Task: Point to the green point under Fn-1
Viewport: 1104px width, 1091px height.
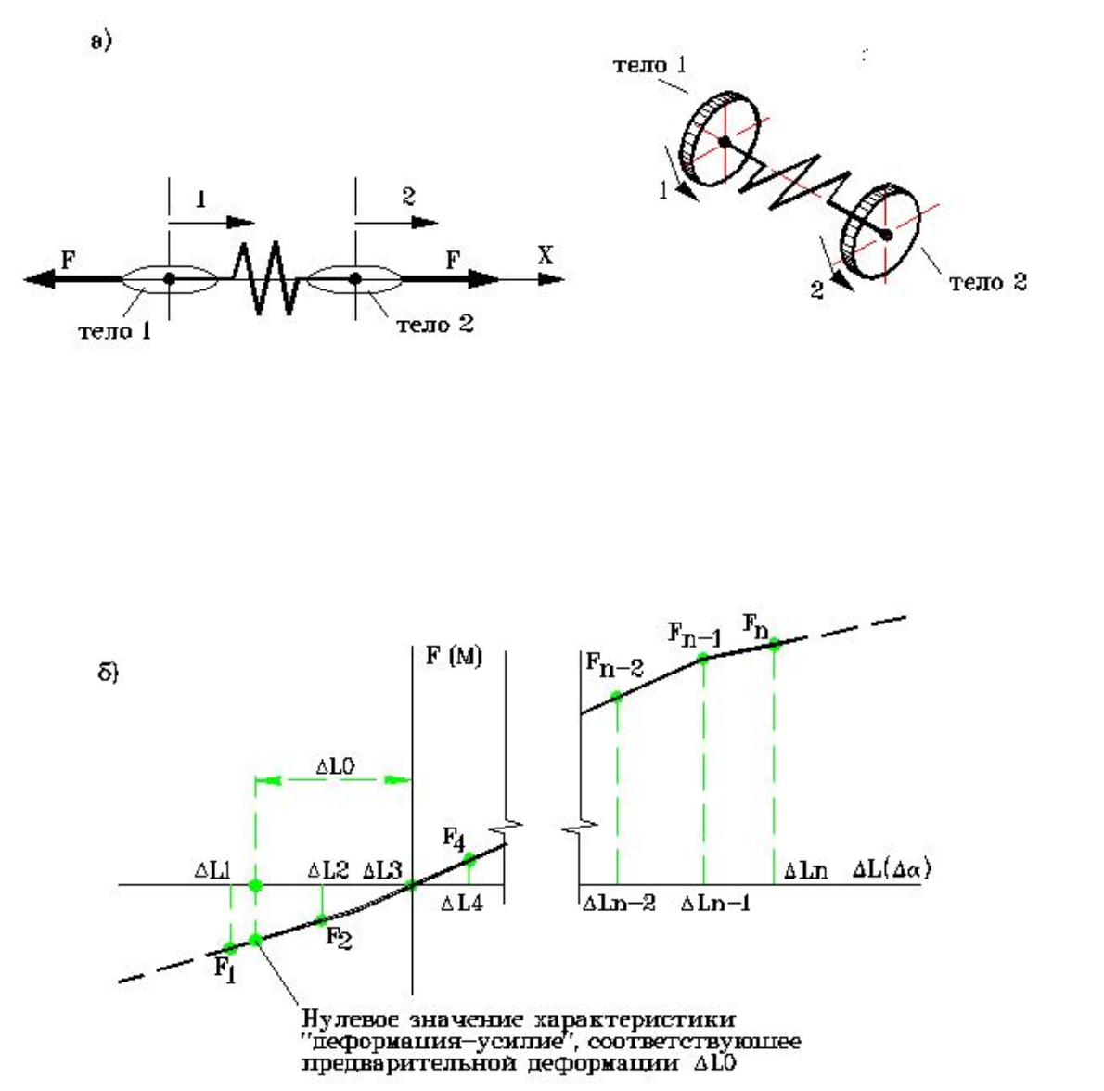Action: coord(703,658)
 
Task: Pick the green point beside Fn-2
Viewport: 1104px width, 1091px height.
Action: coord(616,696)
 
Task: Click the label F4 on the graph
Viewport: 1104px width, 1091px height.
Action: coord(454,841)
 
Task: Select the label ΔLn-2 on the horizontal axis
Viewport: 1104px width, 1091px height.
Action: coord(619,901)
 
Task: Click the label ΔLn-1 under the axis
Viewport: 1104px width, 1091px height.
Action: coord(715,901)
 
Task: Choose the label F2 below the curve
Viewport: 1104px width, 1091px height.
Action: coord(338,936)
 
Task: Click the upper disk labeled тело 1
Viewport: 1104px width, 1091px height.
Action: coord(720,141)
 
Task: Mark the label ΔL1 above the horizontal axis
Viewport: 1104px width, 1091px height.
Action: coord(212,871)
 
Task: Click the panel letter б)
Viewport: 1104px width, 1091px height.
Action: coord(109,672)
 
